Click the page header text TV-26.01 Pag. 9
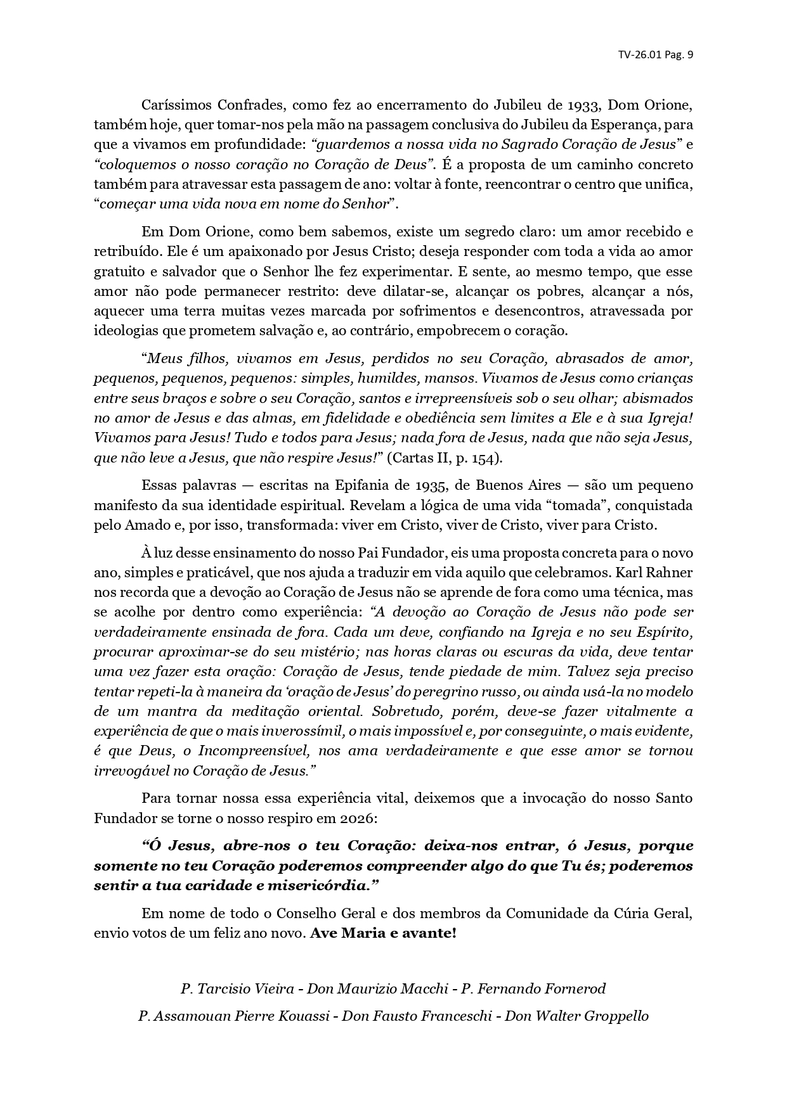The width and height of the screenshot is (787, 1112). [x=655, y=54]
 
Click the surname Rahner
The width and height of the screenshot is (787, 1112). [x=667, y=573]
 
